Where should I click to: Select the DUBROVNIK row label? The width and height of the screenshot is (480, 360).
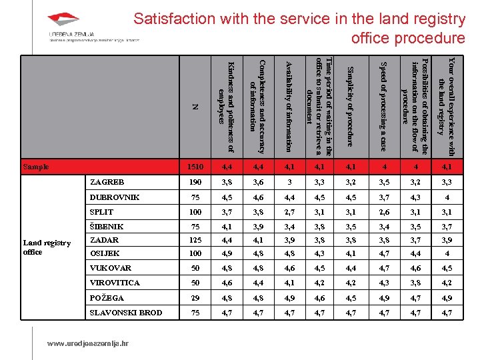click(115, 197)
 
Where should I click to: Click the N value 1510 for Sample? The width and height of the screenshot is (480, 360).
click(195, 167)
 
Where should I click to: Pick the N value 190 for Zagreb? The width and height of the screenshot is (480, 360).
click(195, 181)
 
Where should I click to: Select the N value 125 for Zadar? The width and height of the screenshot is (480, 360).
click(195, 240)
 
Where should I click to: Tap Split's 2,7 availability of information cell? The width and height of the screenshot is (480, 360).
click(287, 211)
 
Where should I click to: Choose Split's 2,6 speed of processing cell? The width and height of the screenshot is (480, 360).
click(383, 211)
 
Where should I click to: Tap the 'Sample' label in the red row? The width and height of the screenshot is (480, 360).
click(35, 167)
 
